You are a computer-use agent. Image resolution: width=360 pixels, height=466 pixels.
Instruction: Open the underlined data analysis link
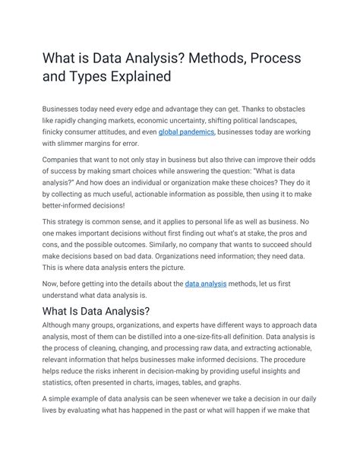[207, 284]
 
